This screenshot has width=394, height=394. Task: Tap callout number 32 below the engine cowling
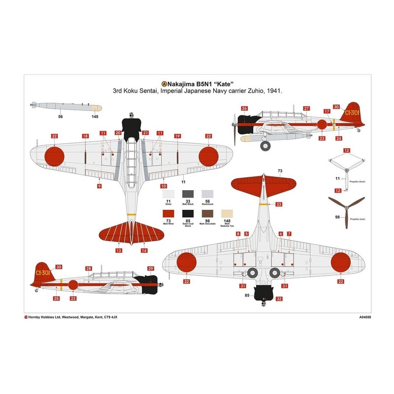279,298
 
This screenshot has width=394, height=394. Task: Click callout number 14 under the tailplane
144,250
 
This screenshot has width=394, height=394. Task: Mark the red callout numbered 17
327,111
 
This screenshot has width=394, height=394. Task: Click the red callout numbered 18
85,136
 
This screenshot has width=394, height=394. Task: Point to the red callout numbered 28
89,268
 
